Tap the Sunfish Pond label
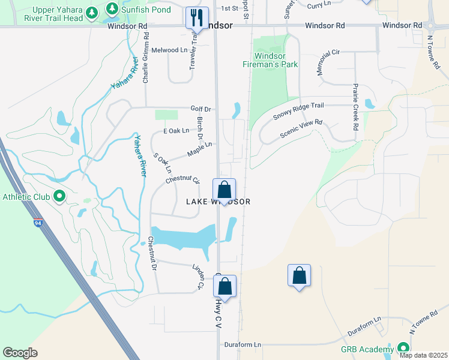[x=146, y=10]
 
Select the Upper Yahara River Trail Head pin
[x=91, y=12]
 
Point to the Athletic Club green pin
[x=59, y=196]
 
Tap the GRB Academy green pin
[x=402, y=348]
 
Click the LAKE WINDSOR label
[x=217, y=202]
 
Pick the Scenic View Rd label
[x=301, y=129]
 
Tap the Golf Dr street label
[x=201, y=109]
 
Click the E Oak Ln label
[x=176, y=131]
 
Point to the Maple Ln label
[x=199, y=149]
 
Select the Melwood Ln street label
[x=169, y=50]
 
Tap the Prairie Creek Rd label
[x=355, y=107]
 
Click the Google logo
[x=20, y=353]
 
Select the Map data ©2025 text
[x=423, y=355]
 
